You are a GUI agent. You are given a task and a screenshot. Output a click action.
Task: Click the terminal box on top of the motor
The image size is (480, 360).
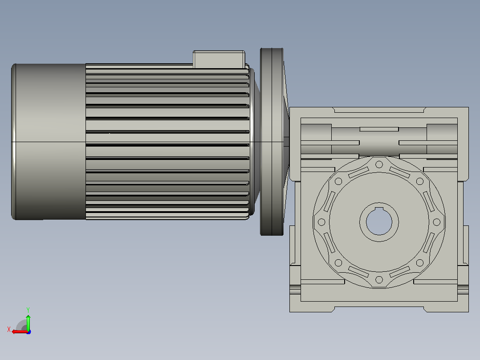pyautogui.click(x=219, y=59)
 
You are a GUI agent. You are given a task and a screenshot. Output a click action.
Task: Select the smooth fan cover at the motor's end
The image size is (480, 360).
pyautogui.click(x=49, y=142)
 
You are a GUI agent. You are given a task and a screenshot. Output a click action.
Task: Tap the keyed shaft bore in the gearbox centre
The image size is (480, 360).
pyautogui.click(x=379, y=222)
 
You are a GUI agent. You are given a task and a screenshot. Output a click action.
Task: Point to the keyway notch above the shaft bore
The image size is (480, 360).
pyautogui.click(x=379, y=209)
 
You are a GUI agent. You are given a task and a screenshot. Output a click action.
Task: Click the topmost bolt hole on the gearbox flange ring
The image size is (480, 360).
pyautogui.click(x=379, y=164)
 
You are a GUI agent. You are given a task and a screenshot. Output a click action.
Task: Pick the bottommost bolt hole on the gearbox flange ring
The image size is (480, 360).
pyautogui.click(x=379, y=279)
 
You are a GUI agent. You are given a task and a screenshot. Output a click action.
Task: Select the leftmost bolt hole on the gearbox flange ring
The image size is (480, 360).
pyautogui.click(x=321, y=222)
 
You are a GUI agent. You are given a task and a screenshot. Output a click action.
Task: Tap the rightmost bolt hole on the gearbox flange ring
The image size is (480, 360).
pyautogui.click(x=437, y=222)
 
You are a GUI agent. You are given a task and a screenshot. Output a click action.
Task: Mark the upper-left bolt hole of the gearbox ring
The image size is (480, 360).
pyautogui.click(x=338, y=181)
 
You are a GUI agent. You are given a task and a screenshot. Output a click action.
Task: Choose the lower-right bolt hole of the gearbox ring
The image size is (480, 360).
pyautogui.click(x=420, y=262)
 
